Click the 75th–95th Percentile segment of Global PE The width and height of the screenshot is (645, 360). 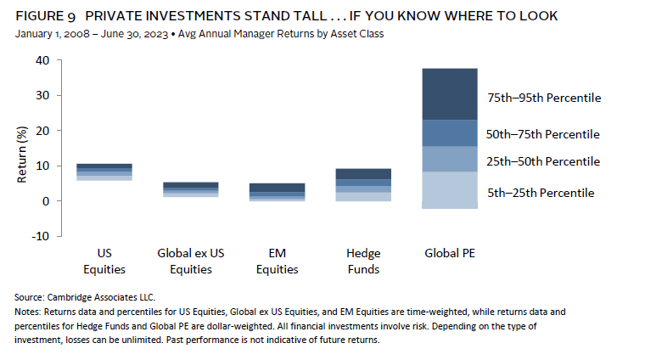pyautogui.click(x=450, y=94)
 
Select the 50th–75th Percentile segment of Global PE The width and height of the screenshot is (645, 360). pyautogui.click(x=450, y=133)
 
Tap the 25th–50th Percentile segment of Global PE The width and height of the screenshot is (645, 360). pyautogui.click(x=450, y=159)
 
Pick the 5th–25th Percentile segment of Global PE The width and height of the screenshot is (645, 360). pyautogui.click(x=450, y=189)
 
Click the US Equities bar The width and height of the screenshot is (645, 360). pyautogui.click(x=105, y=172)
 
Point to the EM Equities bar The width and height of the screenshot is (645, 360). pyautogui.click(x=277, y=191)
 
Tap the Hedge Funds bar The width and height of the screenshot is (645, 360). pyautogui.click(x=363, y=184)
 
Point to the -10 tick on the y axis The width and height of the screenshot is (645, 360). pyautogui.click(x=40, y=236)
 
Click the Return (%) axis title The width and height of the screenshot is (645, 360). pyautogui.click(x=23, y=151)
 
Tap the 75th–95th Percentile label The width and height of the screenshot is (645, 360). pyautogui.click(x=543, y=98)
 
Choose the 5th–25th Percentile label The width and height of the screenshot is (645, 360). pyautogui.click(x=540, y=193)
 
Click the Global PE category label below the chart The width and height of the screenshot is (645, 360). pyautogui.click(x=450, y=252)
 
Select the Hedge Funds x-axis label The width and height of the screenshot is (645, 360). pyautogui.click(x=363, y=261)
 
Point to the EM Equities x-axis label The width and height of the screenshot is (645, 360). pyautogui.click(x=277, y=261)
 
